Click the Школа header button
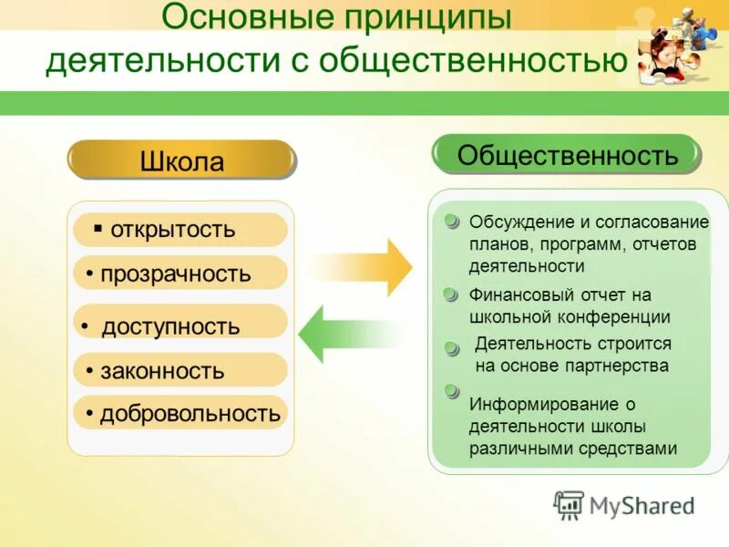coord(181,160)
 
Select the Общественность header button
coord(567,155)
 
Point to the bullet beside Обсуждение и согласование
coord(451,222)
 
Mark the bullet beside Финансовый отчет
coord(450,294)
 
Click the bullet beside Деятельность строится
coord(451,347)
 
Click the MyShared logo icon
coord(570,505)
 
